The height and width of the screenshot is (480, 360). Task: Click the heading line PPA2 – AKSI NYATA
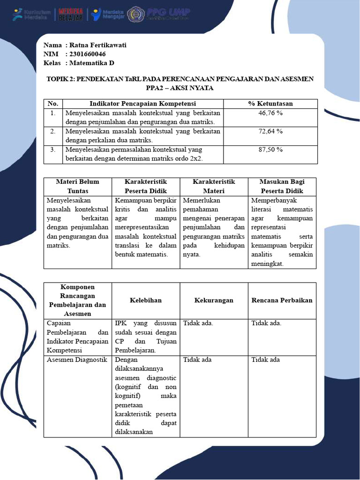coord(180,88)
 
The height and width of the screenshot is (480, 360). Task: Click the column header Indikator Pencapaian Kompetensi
coord(142,104)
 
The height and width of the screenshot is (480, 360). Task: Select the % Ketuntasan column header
coord(270,104)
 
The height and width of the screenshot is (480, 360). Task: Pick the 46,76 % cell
coord(270,113)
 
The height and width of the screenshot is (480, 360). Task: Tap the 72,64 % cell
coord(270,131)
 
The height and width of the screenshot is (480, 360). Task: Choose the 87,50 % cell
coord(270,150)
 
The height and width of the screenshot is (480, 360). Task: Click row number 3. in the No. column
coord(53,150)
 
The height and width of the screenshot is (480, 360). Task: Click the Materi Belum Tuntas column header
coord(77,186)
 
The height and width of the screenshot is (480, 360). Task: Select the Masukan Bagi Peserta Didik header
coord(282,186)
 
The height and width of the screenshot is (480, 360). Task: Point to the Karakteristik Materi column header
coord(214,186)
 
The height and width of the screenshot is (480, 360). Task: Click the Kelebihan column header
coord(146,300)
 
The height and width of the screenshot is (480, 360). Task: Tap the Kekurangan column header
coord(214,300)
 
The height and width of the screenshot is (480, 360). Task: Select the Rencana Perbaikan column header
coord(282,300)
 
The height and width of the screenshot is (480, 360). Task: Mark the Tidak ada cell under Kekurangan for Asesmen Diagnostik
coord(197,360)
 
